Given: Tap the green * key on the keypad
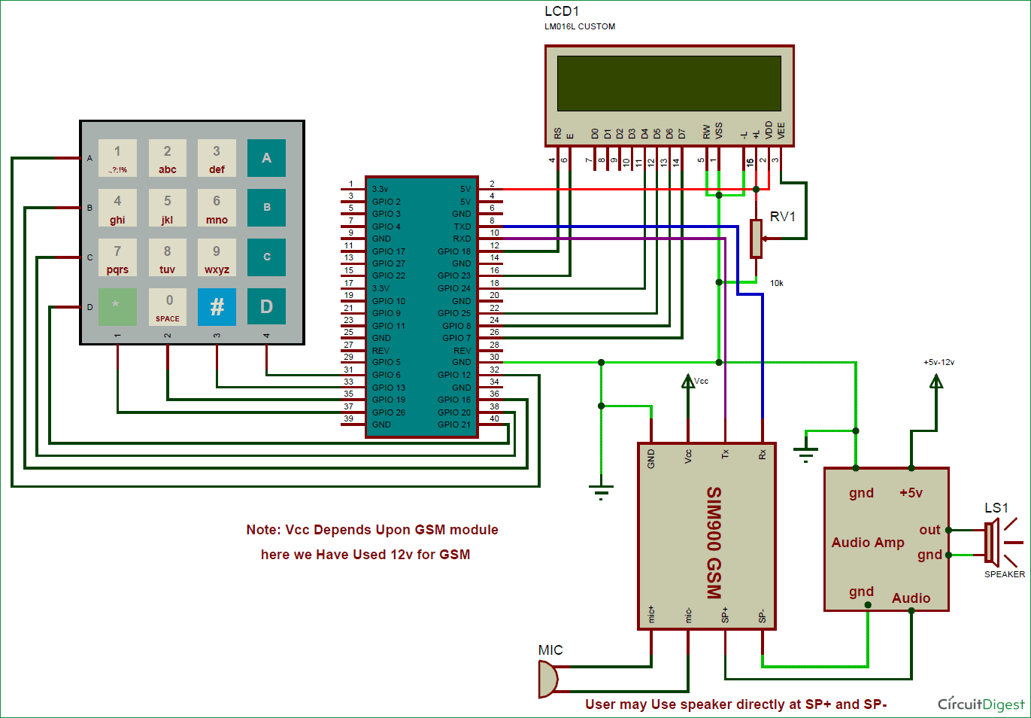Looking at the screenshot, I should [117, 306].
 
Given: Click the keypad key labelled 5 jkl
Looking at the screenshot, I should [167, 208].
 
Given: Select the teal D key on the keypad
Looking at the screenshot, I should [266, 306].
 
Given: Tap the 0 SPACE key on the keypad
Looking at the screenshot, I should [167, 307].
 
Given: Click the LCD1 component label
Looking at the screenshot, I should [562, 11].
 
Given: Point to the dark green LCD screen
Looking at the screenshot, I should [669, 83].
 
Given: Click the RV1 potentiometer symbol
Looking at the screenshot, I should [756, 239].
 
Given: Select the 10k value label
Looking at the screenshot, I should [776, 283].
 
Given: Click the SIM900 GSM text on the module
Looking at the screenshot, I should [714, 542].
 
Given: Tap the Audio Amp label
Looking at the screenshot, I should [868, 543].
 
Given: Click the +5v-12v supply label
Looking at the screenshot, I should [939, 362].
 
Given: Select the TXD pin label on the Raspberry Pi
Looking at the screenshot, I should [462, 227].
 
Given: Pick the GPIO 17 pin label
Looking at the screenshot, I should [389, 251].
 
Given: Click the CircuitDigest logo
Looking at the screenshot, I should [981, 704].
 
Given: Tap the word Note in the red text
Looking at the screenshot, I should [262, 530].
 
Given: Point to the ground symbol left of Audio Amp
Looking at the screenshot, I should [805, 453].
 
